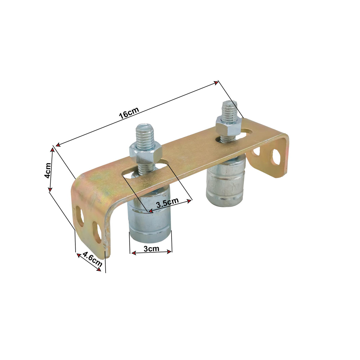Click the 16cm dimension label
129,113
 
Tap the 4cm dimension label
47,171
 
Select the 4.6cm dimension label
92,259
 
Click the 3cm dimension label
151,249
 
